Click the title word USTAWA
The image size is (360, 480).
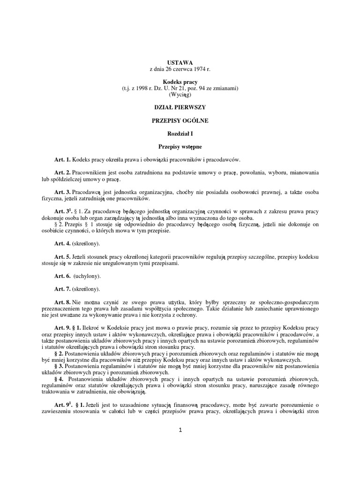180,62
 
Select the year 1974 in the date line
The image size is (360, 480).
199,68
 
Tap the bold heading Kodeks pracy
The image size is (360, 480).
180,82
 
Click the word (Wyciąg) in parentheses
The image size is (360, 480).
180,94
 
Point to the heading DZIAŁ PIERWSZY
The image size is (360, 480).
180,107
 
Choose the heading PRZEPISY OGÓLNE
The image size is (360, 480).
180,120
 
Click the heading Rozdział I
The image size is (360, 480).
180,134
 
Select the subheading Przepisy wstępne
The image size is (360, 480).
180,147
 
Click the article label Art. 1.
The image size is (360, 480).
62,159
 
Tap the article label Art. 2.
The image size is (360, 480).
62,172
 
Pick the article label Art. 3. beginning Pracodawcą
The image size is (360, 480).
62,192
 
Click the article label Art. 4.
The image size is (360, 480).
62,244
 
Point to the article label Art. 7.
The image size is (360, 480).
62,289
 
